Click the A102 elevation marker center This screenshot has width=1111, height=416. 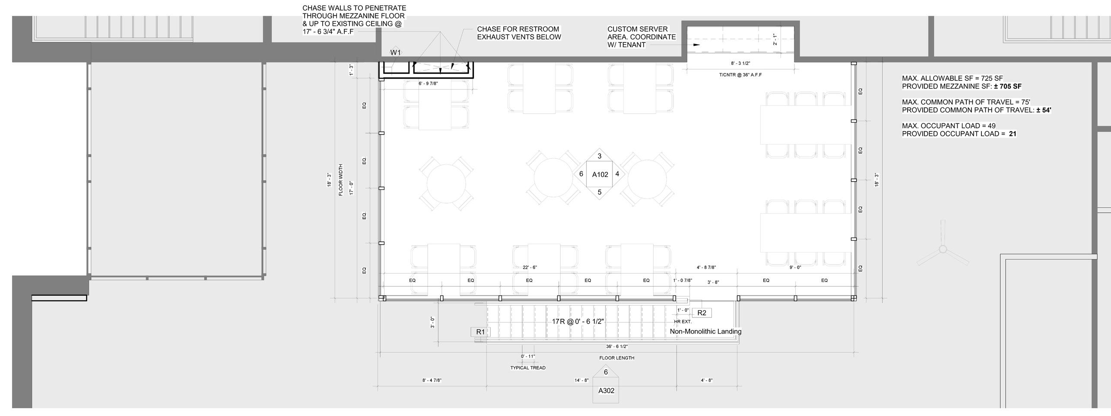pos(600,174)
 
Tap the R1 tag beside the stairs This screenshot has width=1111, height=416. pos(480,332)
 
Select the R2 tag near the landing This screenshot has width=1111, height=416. pos(702,313)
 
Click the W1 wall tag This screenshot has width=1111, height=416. pos(395,53)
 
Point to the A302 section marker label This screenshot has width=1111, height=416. pos(606,391)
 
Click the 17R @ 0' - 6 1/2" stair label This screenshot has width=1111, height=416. pos(578,321)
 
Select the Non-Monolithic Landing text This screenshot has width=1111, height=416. pos(705,331)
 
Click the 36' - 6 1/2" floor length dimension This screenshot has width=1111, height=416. pos(616,347)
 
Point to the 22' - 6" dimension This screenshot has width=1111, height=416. pos(530,268)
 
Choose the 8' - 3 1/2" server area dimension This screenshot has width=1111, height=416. pos(740,63)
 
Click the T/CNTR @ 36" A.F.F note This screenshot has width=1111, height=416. pos(740,75)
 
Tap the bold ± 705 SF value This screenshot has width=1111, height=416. pos(1007,86)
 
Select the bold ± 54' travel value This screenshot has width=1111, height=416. pos(1044,110)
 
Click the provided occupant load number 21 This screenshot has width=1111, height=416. pos(1013,134)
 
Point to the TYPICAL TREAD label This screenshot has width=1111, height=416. pos(528,368)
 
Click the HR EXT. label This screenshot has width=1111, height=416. pos(682,321)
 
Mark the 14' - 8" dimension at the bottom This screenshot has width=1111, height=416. pos(581,381)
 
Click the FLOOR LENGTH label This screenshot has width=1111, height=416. pos(616,358)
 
